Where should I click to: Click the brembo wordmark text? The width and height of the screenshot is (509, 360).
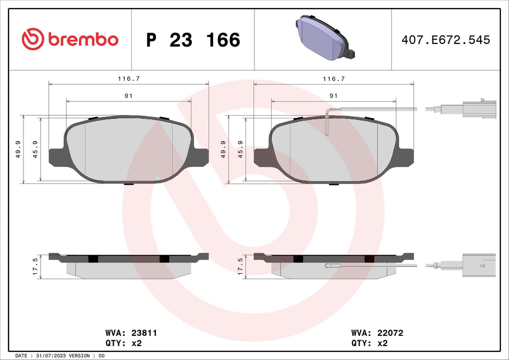[x=83, y=40]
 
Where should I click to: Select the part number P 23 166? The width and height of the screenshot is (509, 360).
[x=193, y=40]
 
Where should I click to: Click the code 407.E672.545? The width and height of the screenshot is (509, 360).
[x=446, y=40]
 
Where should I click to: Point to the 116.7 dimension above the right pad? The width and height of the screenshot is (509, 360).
[x=333, y=78]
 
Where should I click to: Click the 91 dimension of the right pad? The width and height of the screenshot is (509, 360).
[x=333, y=95]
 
